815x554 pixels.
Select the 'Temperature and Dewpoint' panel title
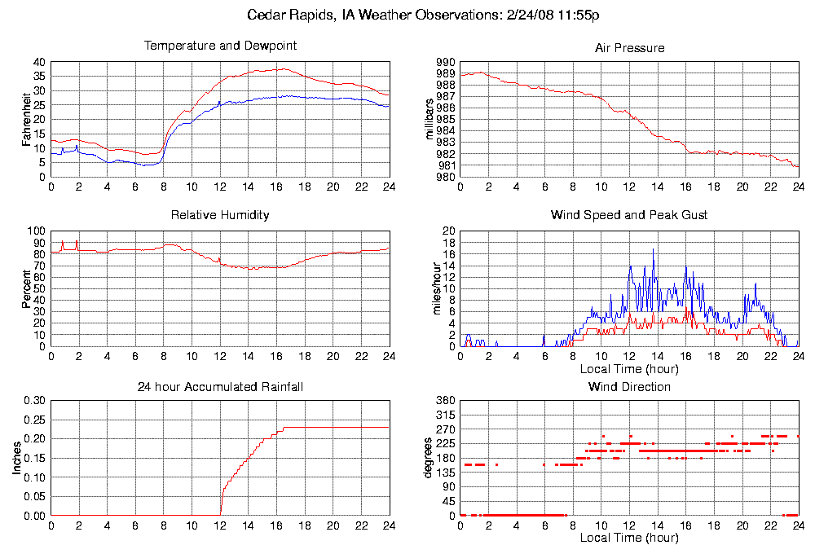pyautogui.click(x=220, y=46)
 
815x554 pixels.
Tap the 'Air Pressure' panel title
pyautogui.click(x=629, y=48)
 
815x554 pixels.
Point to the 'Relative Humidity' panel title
pyautogui.click(x=220, y=215)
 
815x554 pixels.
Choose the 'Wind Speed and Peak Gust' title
pyautogui.click(x=629, y=215)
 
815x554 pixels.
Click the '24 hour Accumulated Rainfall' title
pyautogui.click(x=220, y=386)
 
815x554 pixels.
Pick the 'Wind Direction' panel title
pyautogui.click(x=629, y=386)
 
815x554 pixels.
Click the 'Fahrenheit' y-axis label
pyautogui.click(x=26, y=120)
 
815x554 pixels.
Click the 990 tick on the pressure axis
pyautogui.click(x=445, y=62)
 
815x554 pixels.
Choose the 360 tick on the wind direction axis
pyautogui.click(x=445, y=400)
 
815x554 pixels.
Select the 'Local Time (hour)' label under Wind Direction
pyautogui.click(x=629, y=538)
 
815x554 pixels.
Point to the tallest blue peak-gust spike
pyautogui.click(x=653, y=249)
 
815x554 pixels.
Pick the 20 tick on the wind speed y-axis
pyautogui.click(x=447, y=231)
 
